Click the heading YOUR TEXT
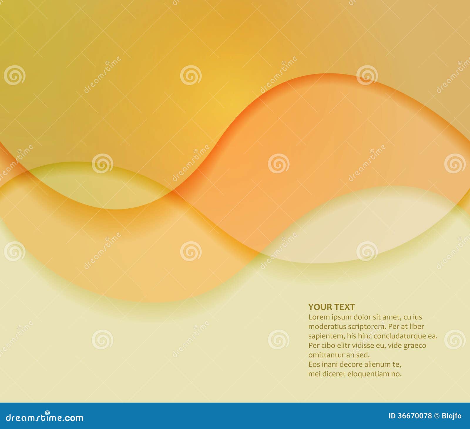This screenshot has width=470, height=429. (331, 307)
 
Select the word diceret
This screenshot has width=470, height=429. (332, 374)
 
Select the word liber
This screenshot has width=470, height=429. (417, 326)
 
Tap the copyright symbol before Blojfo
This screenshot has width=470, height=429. (437, 416)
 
